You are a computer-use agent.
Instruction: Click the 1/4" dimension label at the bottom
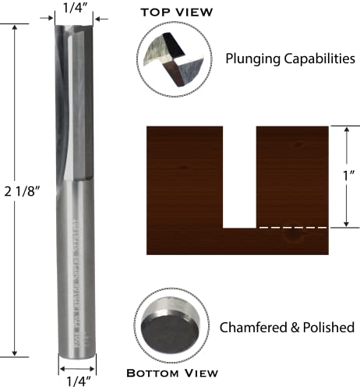point(76,381)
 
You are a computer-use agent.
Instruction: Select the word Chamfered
point(252,327)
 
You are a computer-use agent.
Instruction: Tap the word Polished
point(328,327)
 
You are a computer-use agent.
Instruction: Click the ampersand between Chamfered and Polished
point(291,327)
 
